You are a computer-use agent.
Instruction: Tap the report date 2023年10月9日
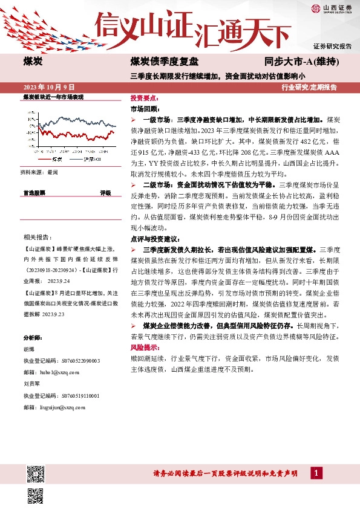tap(48, 87)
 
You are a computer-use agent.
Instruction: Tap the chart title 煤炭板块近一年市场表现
tap(53, 97)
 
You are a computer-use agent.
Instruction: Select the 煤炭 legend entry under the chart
tap(53, 159)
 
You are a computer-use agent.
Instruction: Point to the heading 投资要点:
tap(143, 97)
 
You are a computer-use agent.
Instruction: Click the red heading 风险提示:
tap(145, 348)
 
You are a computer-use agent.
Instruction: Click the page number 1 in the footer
tap(316, 473)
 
